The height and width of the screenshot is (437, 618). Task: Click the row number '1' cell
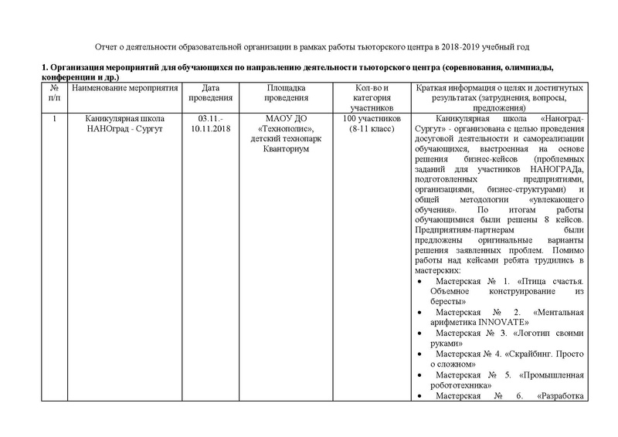53,119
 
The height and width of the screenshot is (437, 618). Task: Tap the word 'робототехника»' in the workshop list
459,381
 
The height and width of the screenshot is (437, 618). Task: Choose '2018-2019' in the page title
483,47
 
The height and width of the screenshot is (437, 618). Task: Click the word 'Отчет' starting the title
104,47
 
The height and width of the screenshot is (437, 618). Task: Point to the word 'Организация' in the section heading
80,72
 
